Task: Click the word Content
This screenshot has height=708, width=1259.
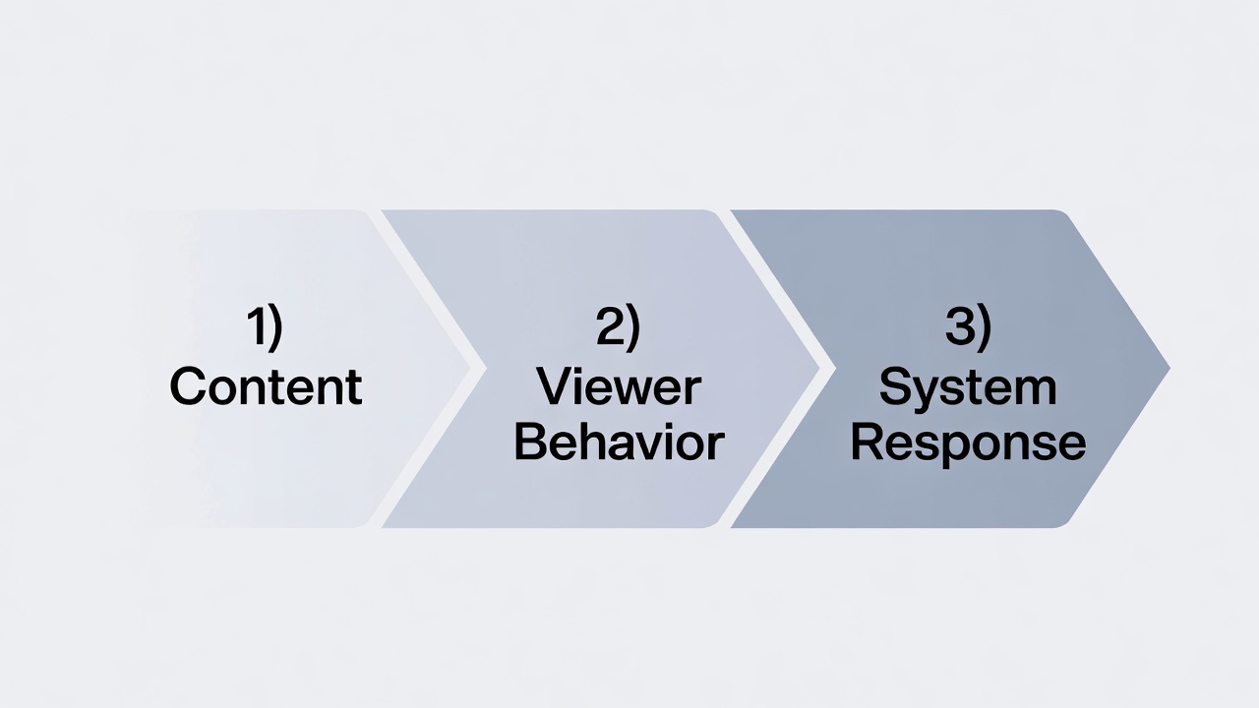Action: pos(266,386)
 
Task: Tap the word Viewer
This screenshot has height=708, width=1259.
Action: pos(619,386)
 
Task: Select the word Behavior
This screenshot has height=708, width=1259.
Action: pos(619,442)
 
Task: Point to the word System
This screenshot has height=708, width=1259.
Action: pos(968,386)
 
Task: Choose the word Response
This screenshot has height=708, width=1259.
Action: pos(968,444)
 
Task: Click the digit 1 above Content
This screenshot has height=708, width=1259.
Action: pos(257,326)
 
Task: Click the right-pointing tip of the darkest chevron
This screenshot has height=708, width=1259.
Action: pos(1168,369)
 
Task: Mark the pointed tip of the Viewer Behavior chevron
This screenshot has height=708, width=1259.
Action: pos(818,369)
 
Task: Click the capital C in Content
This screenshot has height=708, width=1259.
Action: pos(189,386)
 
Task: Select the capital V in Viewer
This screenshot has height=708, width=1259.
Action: pos(556,386)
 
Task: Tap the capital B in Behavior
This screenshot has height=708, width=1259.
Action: pos(531,442)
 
